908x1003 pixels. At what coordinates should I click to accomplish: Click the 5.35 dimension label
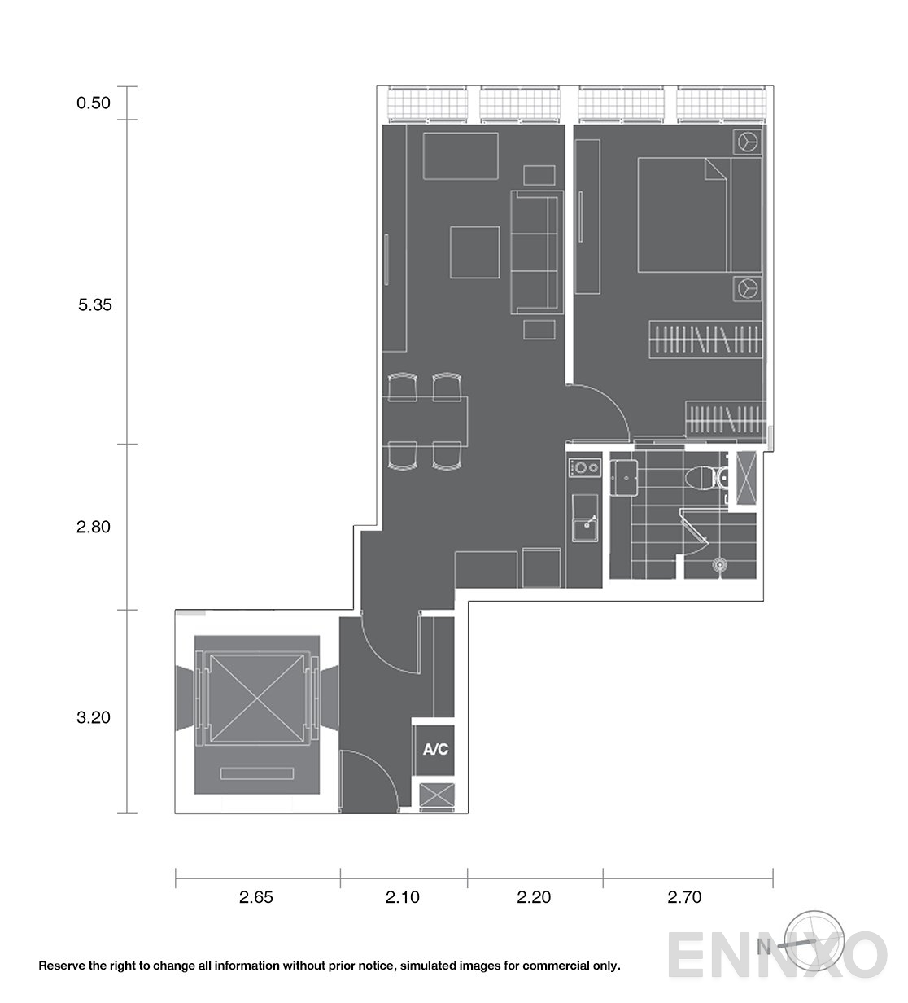tap(94, 306)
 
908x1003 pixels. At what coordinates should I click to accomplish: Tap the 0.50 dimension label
tap(94, 103)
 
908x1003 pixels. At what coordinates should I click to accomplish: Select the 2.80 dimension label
tap(94, 527)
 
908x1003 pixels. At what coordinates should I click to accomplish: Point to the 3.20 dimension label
tap(94, 717)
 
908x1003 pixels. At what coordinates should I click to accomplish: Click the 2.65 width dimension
tap(256, 898)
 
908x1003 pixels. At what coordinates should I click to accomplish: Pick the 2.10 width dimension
tap(403, 898)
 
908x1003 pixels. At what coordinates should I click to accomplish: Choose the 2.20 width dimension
tap(534, 898)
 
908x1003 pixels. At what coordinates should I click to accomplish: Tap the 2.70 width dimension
tap(684, 898)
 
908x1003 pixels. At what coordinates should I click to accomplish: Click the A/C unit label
tap(435, 750)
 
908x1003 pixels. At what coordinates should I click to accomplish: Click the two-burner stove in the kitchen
tap(584, 468)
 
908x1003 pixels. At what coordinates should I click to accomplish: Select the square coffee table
tap(475, 252)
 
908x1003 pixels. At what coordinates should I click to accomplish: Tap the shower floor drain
tap(718, 563)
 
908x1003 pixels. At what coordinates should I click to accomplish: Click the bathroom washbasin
tap(626, 477)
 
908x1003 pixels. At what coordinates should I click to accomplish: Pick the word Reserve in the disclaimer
tap(62, 966)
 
